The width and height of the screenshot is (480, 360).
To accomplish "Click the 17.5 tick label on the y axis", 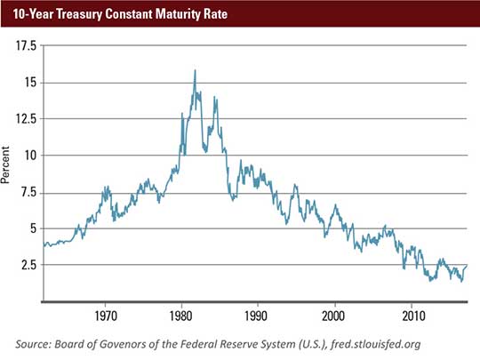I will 25,44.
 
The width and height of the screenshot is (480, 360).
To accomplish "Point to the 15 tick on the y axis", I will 28,82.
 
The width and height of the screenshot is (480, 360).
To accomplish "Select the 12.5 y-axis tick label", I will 25,118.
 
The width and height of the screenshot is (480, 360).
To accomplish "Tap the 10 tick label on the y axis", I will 28,155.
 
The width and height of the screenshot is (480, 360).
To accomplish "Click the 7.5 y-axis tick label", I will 27,191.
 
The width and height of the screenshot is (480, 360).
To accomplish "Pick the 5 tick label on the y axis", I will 31,228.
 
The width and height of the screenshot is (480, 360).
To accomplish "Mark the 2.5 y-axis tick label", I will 27,264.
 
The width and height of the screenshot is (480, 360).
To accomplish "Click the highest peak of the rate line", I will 195,70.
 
